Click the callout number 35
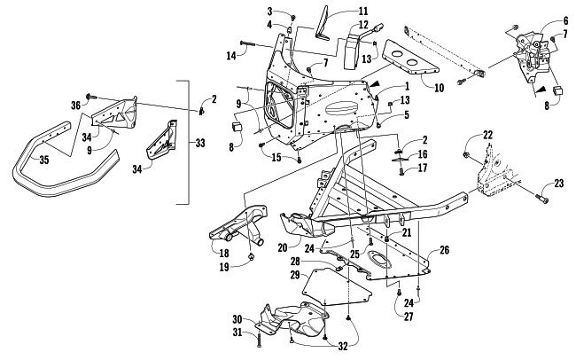[44, 160]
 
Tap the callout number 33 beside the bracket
[200, 143]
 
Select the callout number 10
[439, 88]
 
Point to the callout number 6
[566, 20]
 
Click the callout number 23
[559, 184]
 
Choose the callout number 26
[445, 250]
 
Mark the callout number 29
[295, 275]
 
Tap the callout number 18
[224, 253]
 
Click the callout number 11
[363, 11]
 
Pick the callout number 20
[283, 248]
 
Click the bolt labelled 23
[542, 199]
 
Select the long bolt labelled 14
[248, 43]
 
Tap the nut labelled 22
[467, 155]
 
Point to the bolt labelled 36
[90, 96]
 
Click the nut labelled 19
[252, 256]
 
